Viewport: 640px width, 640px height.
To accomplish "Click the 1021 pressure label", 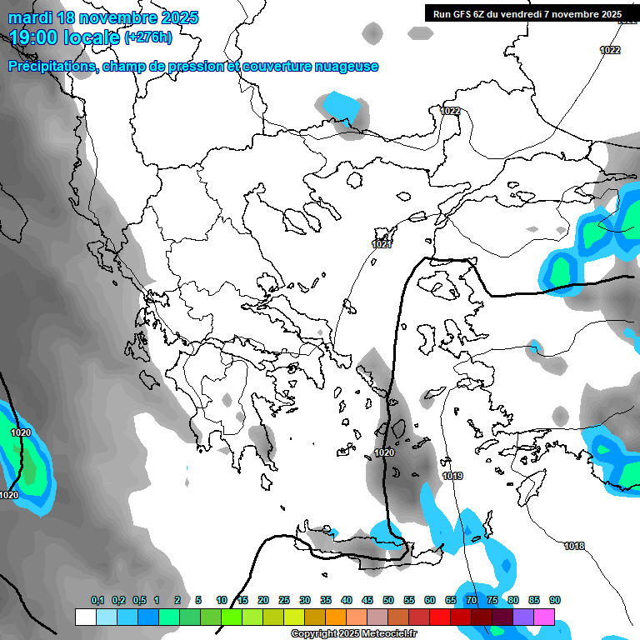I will [x=382, y=244].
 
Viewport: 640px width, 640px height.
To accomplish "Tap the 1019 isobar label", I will [x=452, y=476].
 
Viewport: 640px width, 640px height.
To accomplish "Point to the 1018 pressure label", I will [x=573, y=546].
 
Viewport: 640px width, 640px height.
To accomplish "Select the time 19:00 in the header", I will [x=37, y=37].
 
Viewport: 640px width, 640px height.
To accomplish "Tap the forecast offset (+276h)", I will [x=148, y=37].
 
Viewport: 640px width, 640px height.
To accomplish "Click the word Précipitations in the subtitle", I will [x=51, y=67].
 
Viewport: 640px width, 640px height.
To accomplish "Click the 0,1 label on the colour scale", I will [x=97, y=600].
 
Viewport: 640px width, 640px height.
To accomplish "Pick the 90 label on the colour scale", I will [x=555, y=600].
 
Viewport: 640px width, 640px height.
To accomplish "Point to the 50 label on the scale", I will [x=388, y=600].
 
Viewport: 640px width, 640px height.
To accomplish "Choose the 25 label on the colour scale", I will [x=284, y=600].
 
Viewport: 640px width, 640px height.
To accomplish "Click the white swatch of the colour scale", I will [x=85, y=617].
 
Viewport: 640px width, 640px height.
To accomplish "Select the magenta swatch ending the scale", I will [x=544, y=617].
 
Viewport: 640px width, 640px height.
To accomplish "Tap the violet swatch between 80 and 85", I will [x=523, y=617].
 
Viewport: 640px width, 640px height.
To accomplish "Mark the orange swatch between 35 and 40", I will [x=336, y=617].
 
